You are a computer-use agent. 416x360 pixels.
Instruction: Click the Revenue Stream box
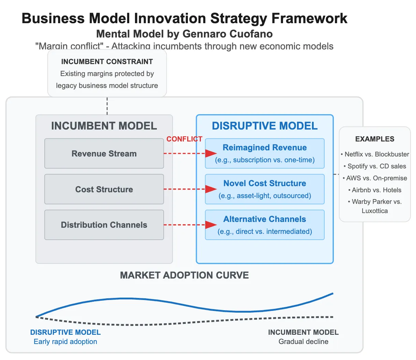tap(104, 153)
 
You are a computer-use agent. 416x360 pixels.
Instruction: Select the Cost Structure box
tap(104, 189)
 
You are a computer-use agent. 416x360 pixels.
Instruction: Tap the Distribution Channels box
tap(104, 225)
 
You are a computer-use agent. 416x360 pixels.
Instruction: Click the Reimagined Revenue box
tap(265, 153)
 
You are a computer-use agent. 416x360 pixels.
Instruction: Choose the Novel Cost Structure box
tap(265, 189)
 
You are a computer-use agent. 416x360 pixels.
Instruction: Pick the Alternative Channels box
tap(265, 225)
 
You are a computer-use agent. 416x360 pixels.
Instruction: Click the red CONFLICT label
tap(184, 139)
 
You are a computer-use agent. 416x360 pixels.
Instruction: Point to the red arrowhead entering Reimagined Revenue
tap(211, 153)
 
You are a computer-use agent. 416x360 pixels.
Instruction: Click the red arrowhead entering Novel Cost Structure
tap(211, 189)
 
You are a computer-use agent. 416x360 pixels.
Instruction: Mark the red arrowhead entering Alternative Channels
tap(211, 225)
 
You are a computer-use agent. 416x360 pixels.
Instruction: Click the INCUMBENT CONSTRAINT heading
tap(107, 62)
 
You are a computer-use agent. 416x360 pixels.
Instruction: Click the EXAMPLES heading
tap(375, 139)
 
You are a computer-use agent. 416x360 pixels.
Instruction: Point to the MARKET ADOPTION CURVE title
tap(184, 275)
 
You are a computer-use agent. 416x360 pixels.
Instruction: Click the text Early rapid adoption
tap(65, 342)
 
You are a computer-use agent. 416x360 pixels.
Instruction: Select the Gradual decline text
tap(303, 342)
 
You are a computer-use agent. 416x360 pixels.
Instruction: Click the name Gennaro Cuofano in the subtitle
tap(227, 34)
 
